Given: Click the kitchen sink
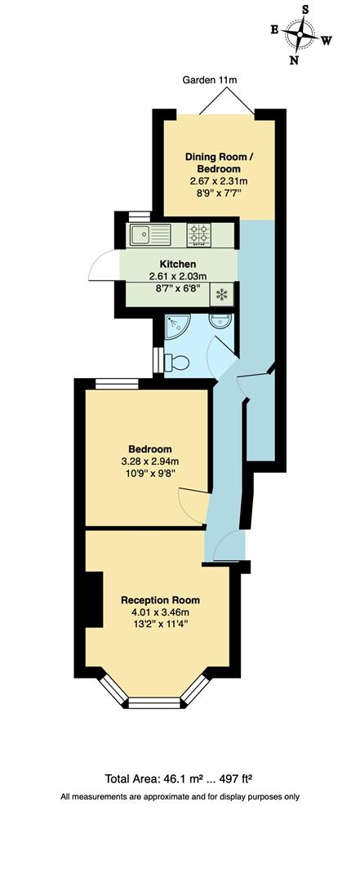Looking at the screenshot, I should tap(149, 235).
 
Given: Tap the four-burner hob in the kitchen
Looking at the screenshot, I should tap(198, 235).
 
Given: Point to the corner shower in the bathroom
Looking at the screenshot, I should tap(176, 326).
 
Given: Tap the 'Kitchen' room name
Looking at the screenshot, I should tap(177, 264).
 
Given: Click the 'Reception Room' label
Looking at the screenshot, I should tap(160, 600).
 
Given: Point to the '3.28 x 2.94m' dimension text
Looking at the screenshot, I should tap(149, 461).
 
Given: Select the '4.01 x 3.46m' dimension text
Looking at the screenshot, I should tap(160, 612).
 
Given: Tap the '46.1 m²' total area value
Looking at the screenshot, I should tap(186, 779).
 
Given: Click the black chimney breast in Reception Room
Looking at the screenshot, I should tap(93, 599).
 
